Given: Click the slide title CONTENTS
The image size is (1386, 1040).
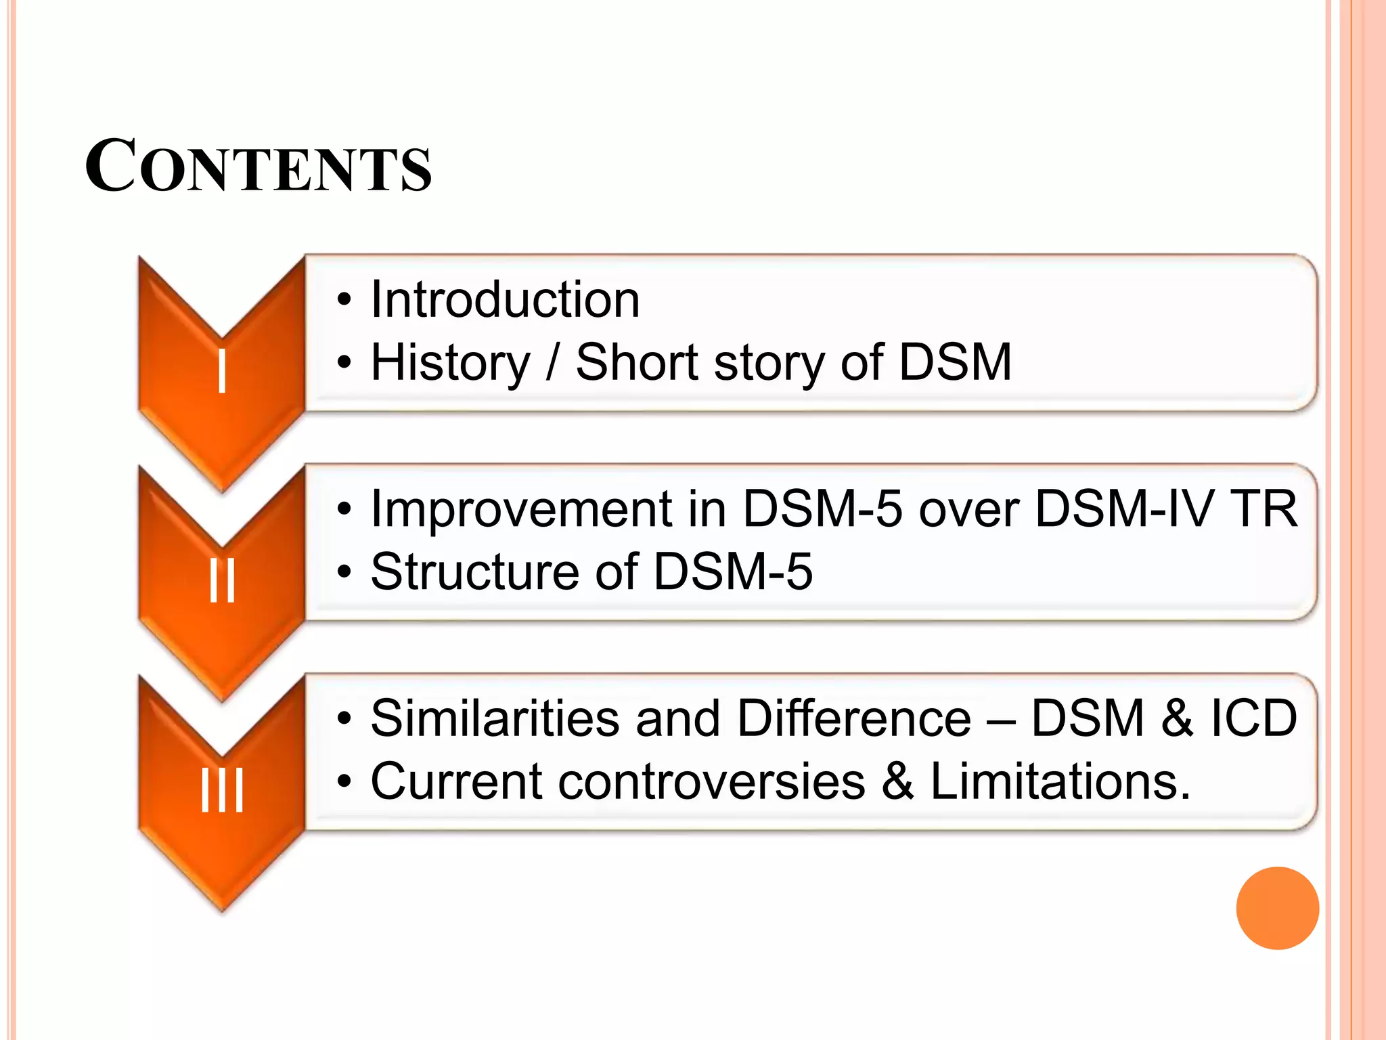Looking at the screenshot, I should [258, 167].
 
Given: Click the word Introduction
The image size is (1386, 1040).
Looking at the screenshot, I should [505, 300].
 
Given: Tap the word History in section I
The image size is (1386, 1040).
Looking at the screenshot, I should [450, 362].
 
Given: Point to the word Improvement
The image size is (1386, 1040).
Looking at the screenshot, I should [521, 509].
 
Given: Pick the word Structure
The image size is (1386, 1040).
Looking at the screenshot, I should [473, 571].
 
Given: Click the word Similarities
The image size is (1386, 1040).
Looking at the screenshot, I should [495, 718].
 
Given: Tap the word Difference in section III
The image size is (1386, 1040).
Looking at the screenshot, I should [853, 718].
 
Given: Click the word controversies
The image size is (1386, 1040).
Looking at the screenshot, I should [711, 781].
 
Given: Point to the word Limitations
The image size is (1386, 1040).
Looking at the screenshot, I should [1059, 781].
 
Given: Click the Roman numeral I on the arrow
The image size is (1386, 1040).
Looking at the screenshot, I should [221, 373].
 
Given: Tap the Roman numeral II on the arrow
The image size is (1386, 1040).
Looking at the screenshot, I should [221, 582].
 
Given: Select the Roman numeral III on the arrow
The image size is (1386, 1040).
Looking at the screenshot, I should [221, 790].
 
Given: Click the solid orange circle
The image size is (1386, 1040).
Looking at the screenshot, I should [1277, 908].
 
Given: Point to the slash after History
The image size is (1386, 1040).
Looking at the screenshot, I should [552, 362].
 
